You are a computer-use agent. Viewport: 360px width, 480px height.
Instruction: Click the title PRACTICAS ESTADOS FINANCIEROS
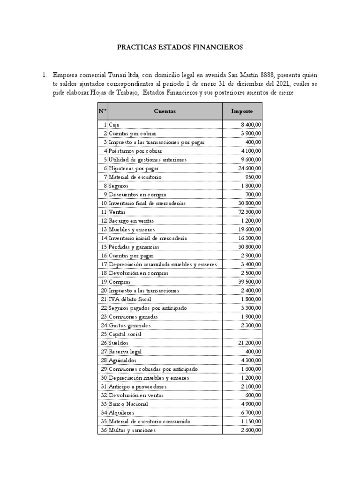180,47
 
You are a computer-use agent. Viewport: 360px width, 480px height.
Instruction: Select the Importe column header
242,112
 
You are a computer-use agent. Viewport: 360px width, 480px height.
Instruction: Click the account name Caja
114,125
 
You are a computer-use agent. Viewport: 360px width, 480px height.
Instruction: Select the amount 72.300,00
249,212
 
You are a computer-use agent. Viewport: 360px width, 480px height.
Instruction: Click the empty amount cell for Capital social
242,334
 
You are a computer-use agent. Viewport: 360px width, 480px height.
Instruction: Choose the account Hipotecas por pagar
134,168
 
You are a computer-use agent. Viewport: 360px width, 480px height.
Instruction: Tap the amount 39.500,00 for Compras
249,282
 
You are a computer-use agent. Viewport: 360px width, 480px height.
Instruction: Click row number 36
103,430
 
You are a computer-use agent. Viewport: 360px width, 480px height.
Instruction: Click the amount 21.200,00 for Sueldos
249,343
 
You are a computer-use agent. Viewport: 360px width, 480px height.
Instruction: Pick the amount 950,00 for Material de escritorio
253,177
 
